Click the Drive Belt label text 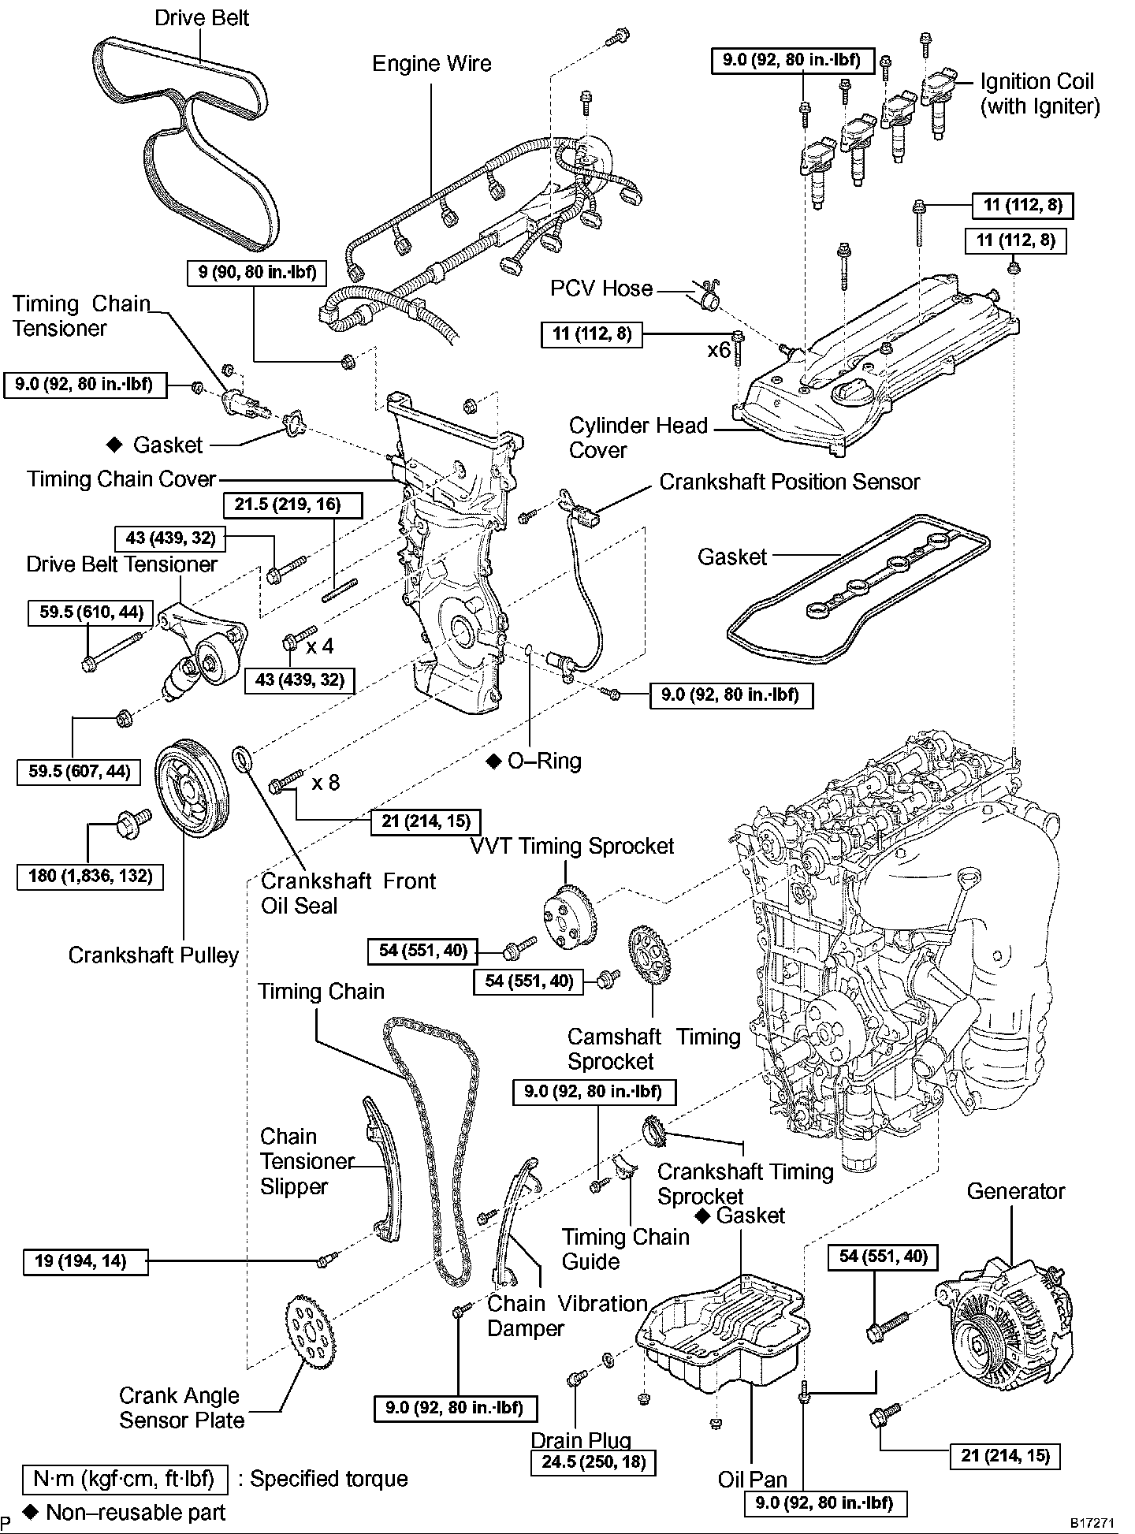pos(201,17)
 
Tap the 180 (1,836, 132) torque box pos(90,876)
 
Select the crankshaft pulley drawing pos(190,784)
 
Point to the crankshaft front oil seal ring pos(244,761)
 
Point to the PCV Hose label pos(601,289)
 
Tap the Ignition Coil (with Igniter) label pos(1039,94)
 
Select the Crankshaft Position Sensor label pos(789,482)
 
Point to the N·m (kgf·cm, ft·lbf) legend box pos(124,1479)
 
